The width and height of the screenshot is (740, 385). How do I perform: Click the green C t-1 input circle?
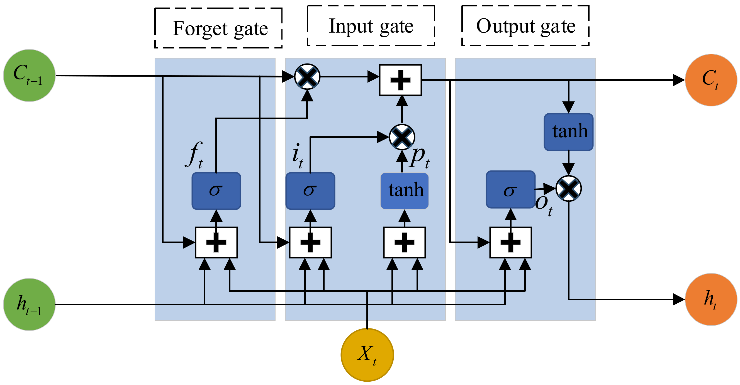pos(29,75)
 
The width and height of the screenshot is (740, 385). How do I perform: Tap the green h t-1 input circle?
pos(29,304)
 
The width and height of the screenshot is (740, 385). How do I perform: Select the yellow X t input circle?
pos(367,355)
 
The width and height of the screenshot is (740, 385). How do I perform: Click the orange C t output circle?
pos(711,80)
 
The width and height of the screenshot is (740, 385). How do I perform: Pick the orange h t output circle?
pos(711,299)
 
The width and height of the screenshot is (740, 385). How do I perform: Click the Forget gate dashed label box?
pos(218,28)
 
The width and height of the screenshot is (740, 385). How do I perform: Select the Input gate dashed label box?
pos(371,26)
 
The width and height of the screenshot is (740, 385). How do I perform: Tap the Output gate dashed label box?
pos(525,26)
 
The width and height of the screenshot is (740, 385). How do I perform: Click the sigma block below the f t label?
pos(216,191)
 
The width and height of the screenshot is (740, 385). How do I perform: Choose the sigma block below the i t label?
pos(310,191)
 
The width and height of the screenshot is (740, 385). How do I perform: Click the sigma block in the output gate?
pos(510,190)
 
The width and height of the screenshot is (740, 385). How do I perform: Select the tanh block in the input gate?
pos(405,191)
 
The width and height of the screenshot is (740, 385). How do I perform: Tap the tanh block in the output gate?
pos(568,132)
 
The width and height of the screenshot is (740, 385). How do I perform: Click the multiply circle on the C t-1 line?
pos(307,77)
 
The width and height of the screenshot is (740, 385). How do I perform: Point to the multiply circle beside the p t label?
pos(402,137)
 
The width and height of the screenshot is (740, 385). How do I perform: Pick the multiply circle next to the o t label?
pos(568,189)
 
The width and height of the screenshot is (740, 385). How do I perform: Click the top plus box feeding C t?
pos(400,80)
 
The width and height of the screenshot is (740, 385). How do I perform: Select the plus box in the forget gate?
pos(216,242)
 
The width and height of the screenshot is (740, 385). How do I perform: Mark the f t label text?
pos(195,155)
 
